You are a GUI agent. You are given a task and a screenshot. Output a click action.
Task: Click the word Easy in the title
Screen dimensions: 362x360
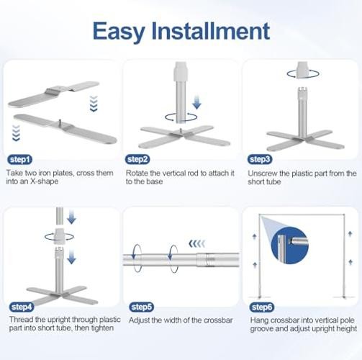point(119,32)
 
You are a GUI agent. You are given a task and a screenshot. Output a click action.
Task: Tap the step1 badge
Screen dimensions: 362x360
point(20,160)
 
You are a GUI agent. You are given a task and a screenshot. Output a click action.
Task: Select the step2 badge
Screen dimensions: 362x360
point(137,159)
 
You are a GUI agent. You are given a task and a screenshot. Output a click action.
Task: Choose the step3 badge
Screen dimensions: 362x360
point(260,159)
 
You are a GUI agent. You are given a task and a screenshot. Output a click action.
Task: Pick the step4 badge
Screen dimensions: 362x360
point(22,307)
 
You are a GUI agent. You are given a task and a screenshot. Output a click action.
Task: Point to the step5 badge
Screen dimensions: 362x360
point(142,307)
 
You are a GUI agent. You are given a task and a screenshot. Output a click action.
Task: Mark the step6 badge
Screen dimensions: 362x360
point(262,307)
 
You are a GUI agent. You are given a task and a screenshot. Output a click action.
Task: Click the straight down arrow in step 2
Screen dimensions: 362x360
point(196,102)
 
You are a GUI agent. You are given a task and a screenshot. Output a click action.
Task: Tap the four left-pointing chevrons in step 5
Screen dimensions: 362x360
point(197,244)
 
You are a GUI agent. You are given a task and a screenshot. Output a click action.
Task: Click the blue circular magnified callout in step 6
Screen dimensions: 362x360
point(289,245)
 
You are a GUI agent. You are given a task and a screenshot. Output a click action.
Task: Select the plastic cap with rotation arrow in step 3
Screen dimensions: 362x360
point(302,71)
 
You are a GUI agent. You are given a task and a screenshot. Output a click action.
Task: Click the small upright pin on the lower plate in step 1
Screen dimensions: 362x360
point(60,122)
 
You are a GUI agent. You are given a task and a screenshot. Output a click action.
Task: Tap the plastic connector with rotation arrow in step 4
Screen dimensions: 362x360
point(59,236)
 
